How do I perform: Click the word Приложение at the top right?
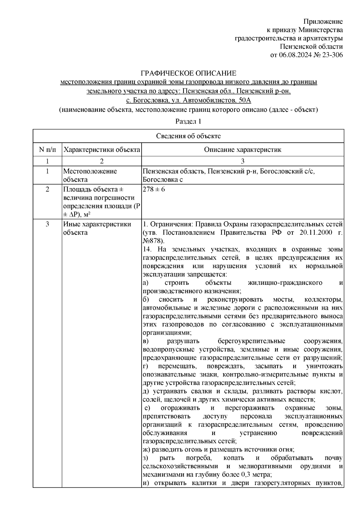pos(323,21)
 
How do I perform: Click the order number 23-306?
pos(331,55)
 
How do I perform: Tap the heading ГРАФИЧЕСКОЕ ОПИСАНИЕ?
pos(188,73)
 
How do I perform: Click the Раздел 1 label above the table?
pos(188,121)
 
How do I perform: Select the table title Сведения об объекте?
pos(188,136)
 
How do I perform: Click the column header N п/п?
pos(47,149)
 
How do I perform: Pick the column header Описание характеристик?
pos(242,150)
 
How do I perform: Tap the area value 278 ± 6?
pos(154,189)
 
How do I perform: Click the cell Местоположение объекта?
pos(90,175)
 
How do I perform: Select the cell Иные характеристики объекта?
pos(97,228)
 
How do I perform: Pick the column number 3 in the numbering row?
pos(242,161)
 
